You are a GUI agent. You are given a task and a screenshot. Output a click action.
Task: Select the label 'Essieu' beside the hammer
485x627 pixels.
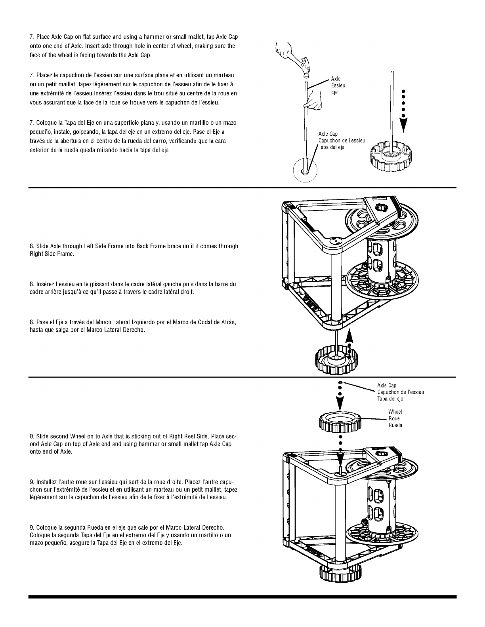point(338,85)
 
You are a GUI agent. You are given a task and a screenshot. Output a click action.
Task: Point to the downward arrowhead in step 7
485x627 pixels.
point(403,125)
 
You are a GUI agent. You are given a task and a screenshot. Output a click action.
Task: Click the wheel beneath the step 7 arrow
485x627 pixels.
point(389,158)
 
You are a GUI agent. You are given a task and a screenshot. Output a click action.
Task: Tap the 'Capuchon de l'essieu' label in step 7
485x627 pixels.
point(342,141)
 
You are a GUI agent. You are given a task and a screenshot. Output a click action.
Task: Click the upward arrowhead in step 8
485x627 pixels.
point(349,337)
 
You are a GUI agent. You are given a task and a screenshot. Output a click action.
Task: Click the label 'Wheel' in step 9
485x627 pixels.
point(395,412)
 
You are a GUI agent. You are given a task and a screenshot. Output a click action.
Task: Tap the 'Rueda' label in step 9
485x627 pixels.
point(395,426)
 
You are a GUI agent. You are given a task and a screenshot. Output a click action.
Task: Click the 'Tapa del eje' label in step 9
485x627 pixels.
point(390,399)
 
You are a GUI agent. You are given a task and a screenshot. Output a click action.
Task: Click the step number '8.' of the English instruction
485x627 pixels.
point(32,246)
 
